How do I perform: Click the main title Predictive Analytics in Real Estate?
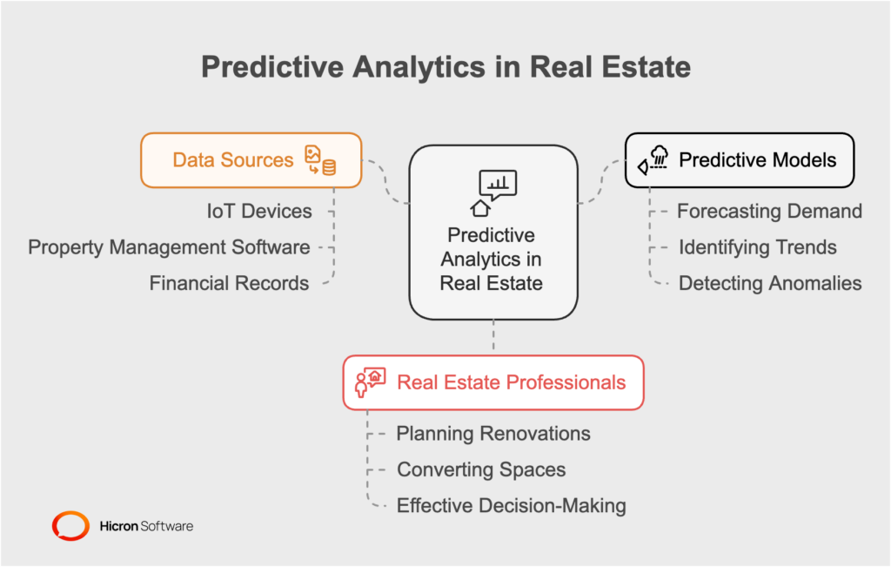[x=445, y=67]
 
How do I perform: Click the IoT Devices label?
[x=258, y=211]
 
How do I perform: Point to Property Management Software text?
[x=169, y=247]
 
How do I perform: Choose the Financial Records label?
[x=229, y=283]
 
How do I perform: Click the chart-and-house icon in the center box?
[x=492, y=192]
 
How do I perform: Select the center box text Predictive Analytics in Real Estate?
[x=492, y=259]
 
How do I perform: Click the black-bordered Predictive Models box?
[x=740, y=160]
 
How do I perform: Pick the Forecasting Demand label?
[x=769, y=211]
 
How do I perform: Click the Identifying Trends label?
[x=757, y=247]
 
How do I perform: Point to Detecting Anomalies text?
[x=769, y=283]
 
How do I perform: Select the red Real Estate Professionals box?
[x=493, y=382]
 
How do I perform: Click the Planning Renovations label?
[x=493, y=434]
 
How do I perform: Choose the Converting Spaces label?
[x=481, y=469]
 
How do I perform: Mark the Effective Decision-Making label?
[x=511, y=505]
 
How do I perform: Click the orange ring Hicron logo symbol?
[x=70, y=526]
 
